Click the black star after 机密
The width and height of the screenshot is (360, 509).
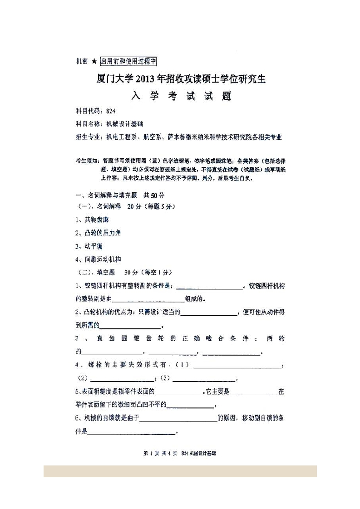coord(94,61)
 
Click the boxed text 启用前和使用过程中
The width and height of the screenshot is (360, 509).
coord(128,61)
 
